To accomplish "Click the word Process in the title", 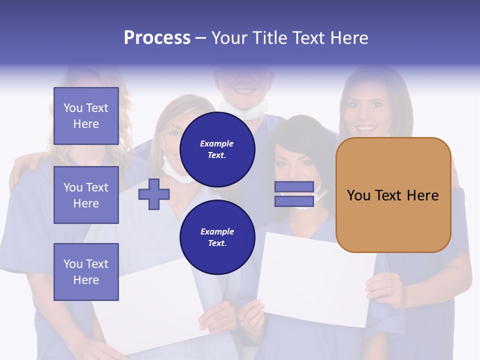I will [x=157, y=38].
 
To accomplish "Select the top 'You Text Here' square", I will [x=86, y=116].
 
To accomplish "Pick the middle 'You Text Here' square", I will [x=86, y=195].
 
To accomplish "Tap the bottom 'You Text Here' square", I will [x=86, y=271].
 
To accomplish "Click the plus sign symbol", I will [x=153, y=194].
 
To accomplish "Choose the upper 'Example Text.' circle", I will [x=217, y=149].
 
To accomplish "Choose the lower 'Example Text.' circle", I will [x=217, y=237].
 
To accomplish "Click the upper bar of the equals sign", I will [x=294, y=187].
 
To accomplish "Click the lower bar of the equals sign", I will [x=294, y=201].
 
